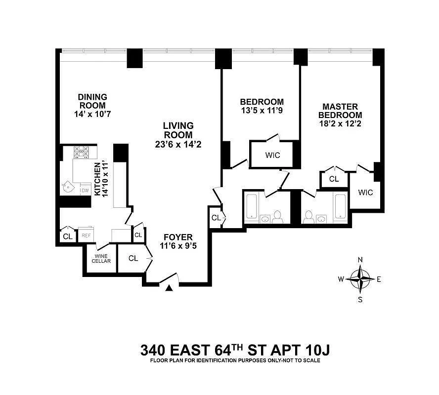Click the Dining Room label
tap(92, 101)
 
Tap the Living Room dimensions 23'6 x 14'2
tap(178, 145)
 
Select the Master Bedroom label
tap(340, 111)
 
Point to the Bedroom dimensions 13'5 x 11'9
tap(262, 111)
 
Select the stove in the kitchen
tap(81, 151)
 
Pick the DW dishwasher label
tap(85, 190)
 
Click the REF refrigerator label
tap(86, 236)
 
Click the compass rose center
tap(360, 279)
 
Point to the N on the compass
tap(360, 260)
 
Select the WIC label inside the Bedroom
tap(272, 155)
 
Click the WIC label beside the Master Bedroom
tap(365, 192)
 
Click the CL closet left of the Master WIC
tap(334, 179)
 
